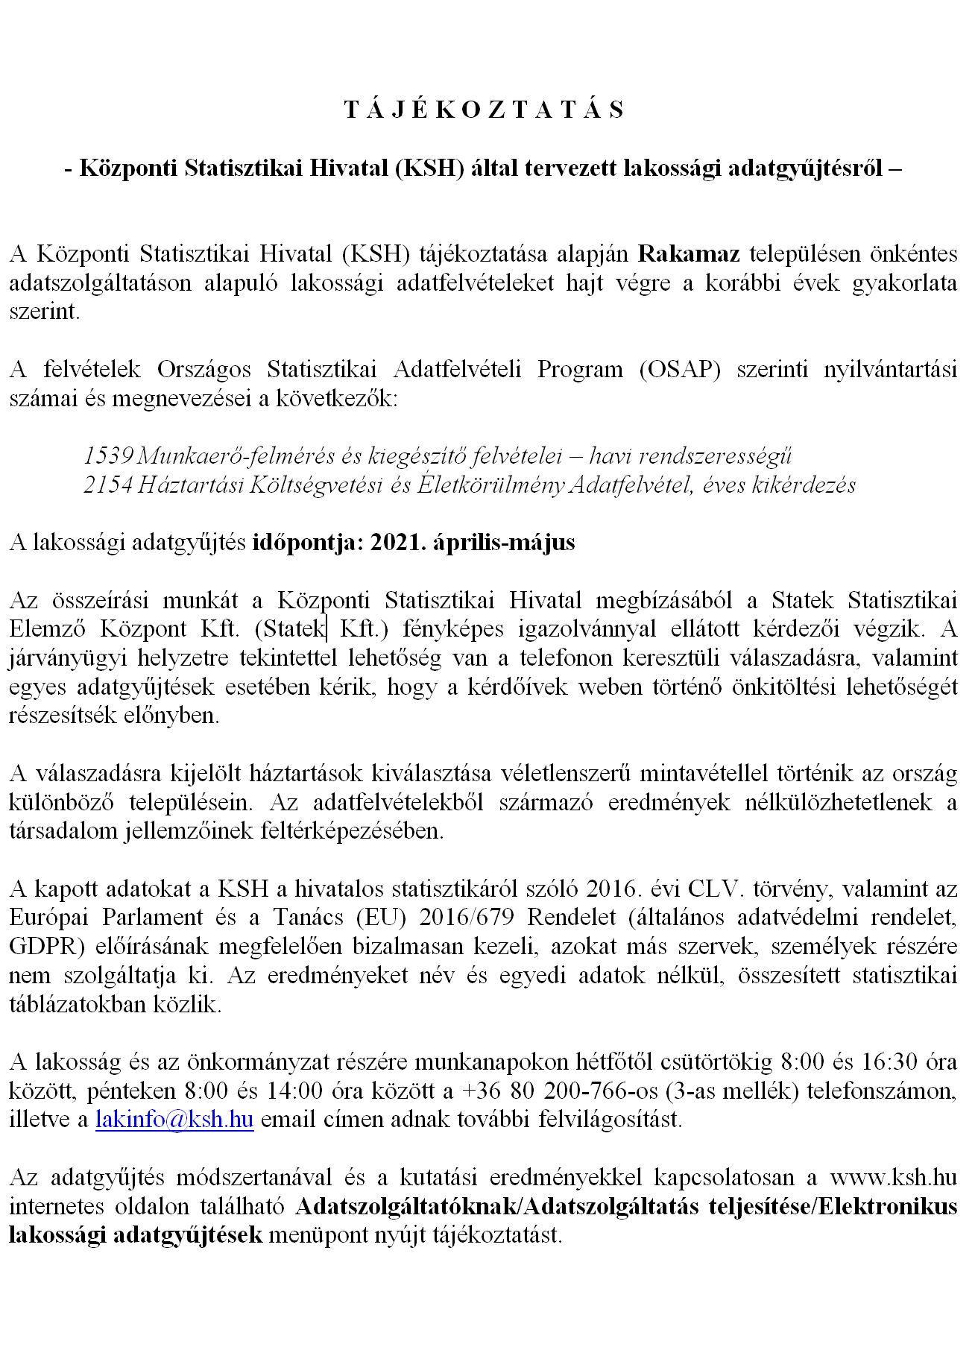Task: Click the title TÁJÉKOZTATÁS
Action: tap(485, 110)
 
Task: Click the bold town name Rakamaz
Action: tap(690, 254)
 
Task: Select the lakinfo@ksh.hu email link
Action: tap(174, 1120)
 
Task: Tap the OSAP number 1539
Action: tap(108, 455)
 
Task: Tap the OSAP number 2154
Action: tap(108, 485)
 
